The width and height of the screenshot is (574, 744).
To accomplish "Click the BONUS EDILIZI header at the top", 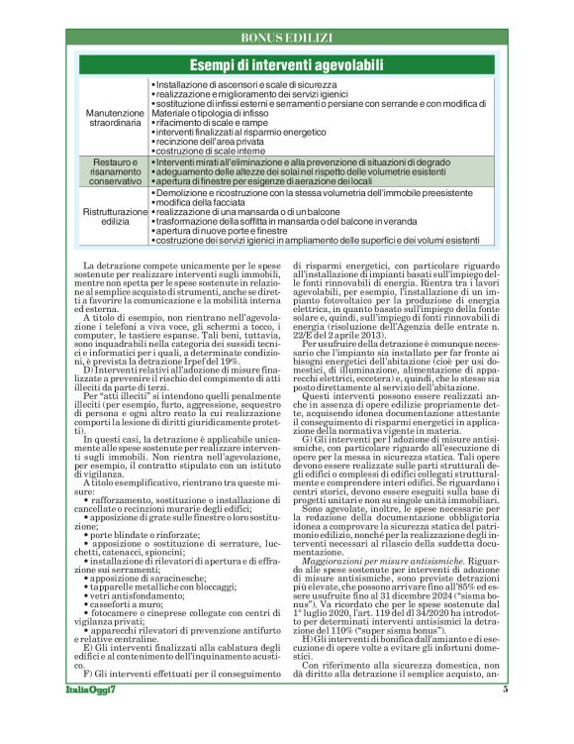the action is pos(286,38).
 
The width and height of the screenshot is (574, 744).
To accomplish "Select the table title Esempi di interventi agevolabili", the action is pos(286,64).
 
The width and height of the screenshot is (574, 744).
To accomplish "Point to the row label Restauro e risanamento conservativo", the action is pos(114,170).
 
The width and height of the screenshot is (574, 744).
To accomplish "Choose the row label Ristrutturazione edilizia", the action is pos(114,217).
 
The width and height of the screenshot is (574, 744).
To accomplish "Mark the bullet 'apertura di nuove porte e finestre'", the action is pos(224,230).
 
